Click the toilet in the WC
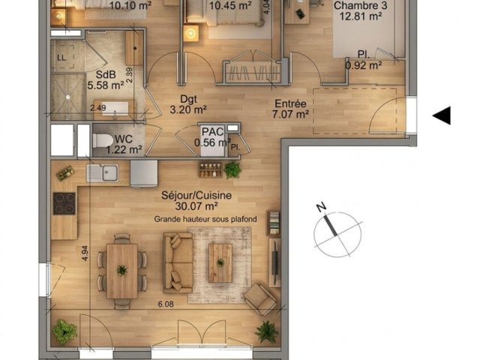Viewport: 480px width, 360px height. pos(103,141)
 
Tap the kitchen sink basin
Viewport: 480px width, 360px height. pos(110,173)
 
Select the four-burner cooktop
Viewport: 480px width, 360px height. pos(64,203)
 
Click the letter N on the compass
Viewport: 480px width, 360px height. pos(321,207)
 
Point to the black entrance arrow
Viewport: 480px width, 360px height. pos(442,115)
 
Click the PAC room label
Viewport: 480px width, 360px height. pos(213,131)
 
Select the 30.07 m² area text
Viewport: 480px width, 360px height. pos(196,206)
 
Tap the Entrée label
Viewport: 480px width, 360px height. pos(290,103)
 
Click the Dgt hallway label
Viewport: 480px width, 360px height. pos(188,99)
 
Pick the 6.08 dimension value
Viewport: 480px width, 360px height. pos(166,304)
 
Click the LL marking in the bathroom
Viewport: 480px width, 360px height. pos(61,58)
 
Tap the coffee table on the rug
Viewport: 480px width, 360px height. pos(220,262)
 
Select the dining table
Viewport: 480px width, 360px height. pos(122,271)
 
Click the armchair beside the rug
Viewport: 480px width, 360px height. pos(260,298)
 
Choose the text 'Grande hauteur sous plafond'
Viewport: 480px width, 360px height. pos(205,219)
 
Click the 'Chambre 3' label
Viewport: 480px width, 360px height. pos(360,5)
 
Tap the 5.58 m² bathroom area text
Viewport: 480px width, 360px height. pos(106,85)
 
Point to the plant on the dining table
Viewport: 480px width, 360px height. pos(122,271)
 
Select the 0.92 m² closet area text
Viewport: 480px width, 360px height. pos(364,65)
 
